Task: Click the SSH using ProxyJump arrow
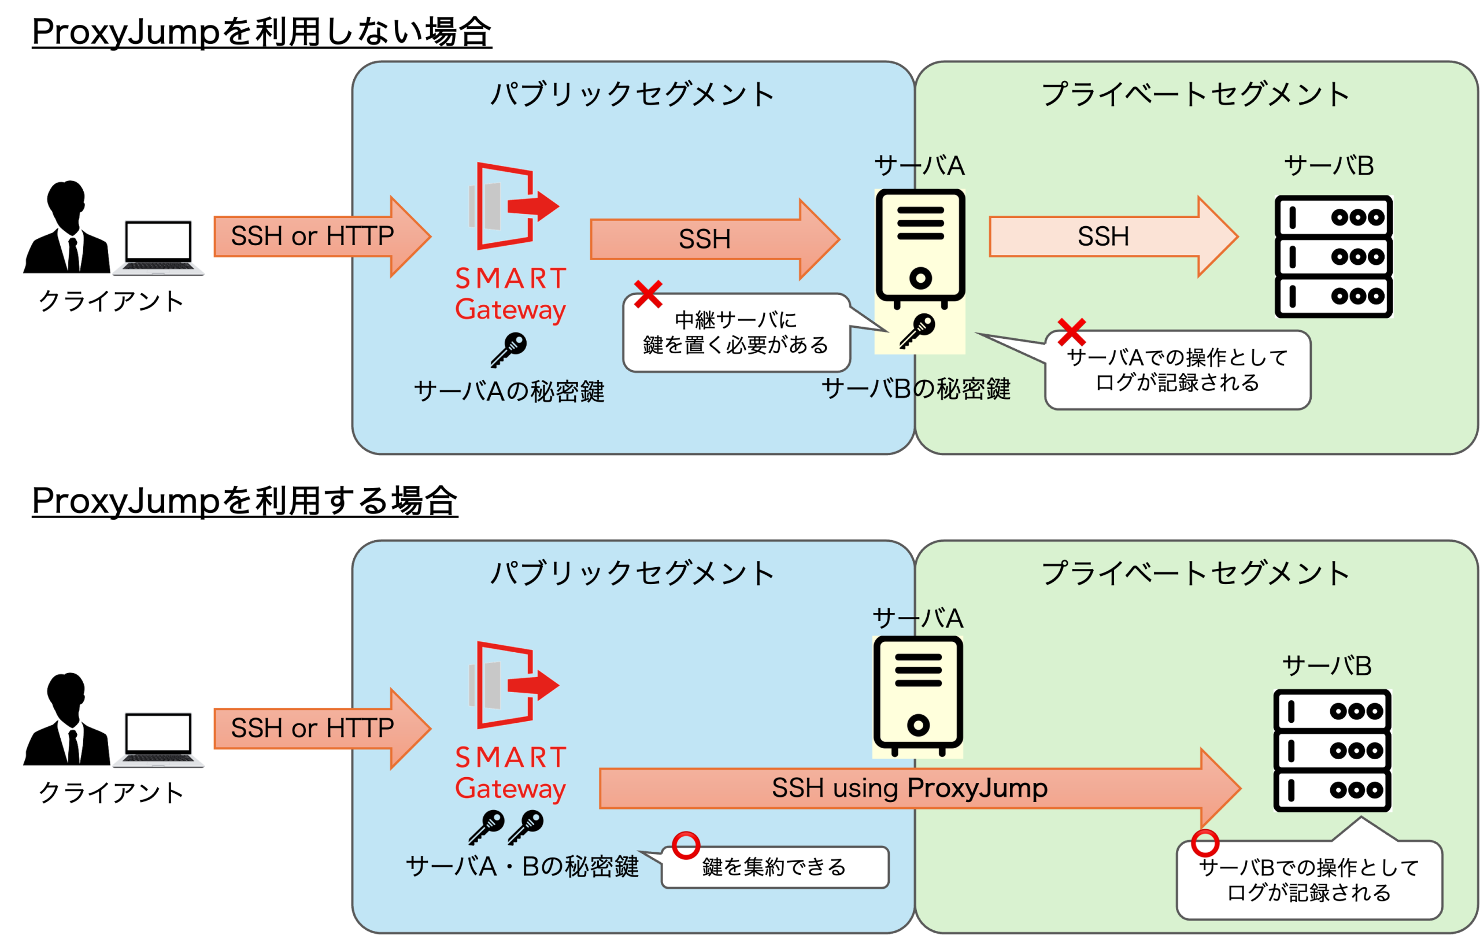pos(909,788)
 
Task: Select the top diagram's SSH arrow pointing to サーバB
pos(1103,236)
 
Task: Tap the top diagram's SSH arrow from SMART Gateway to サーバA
pos(705,238)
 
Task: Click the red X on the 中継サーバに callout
pos(648,294)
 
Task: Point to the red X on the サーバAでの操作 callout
pos(1071,332)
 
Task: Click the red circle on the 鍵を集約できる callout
pos(685,845)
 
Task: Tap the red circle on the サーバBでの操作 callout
pos(1205,843)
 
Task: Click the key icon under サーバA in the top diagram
pos(917,331)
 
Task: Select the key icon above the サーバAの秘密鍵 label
pos(509,350)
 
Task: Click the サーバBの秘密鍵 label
pos(916,389)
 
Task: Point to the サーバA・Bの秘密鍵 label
pos(522,866)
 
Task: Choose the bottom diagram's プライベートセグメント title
pos(1196,573)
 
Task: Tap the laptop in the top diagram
pos(158,247)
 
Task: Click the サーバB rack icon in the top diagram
pos(1333,256)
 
